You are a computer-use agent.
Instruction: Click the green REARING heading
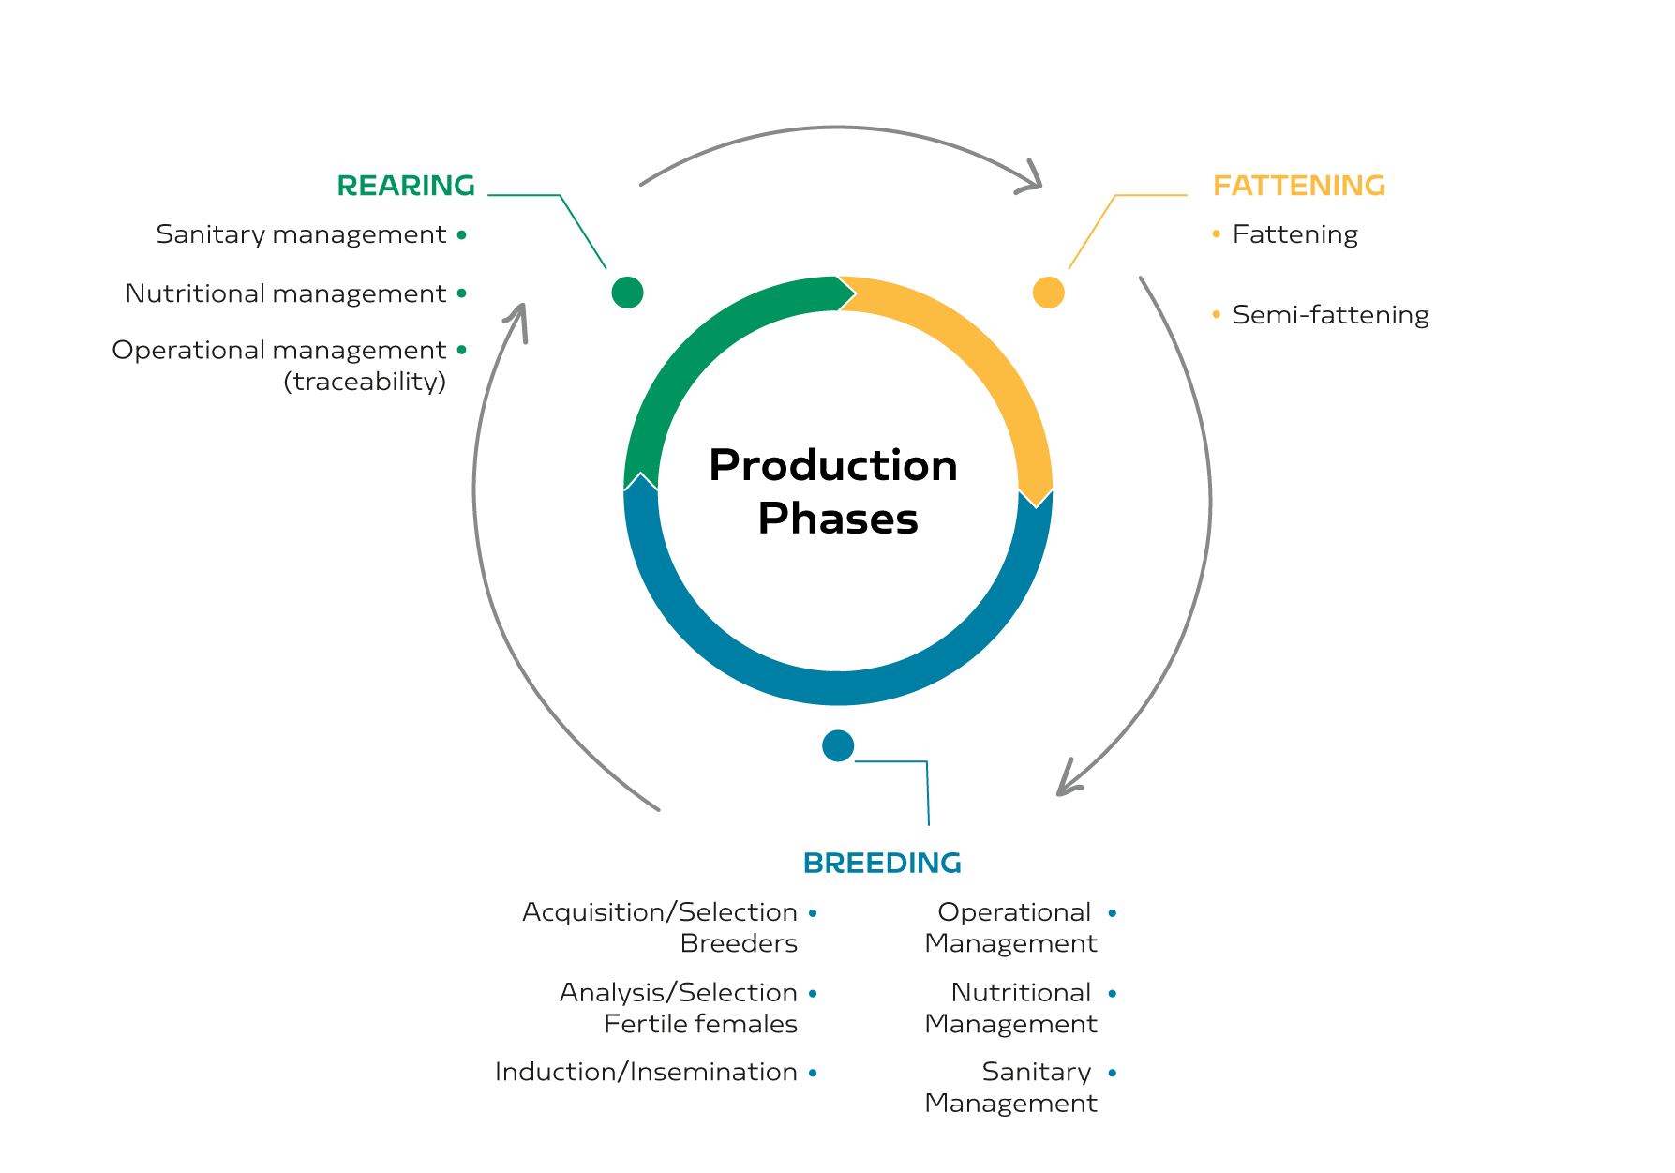point(406,186)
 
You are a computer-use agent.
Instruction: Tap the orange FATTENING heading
point(1299,186)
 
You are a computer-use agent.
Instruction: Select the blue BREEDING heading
point(882,863)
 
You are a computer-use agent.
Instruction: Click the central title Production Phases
point(834,491)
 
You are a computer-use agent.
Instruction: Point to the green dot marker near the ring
point(627,293)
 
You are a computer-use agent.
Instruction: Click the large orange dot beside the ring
point(1048,293)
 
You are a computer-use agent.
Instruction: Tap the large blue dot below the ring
point(838,746)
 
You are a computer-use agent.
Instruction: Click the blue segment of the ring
point(838,688)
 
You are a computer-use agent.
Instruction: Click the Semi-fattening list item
point(1330,315)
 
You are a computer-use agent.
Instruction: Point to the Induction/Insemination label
point(646,1072)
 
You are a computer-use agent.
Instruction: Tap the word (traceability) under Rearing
point(365,382)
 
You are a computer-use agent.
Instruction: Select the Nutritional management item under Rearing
point(286,293)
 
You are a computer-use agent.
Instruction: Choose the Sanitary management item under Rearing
point(301,234)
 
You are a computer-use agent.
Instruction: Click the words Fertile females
point(700,1024)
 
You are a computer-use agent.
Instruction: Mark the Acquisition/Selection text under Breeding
point(660,912)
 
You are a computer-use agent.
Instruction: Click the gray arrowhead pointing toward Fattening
point(1031,180)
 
